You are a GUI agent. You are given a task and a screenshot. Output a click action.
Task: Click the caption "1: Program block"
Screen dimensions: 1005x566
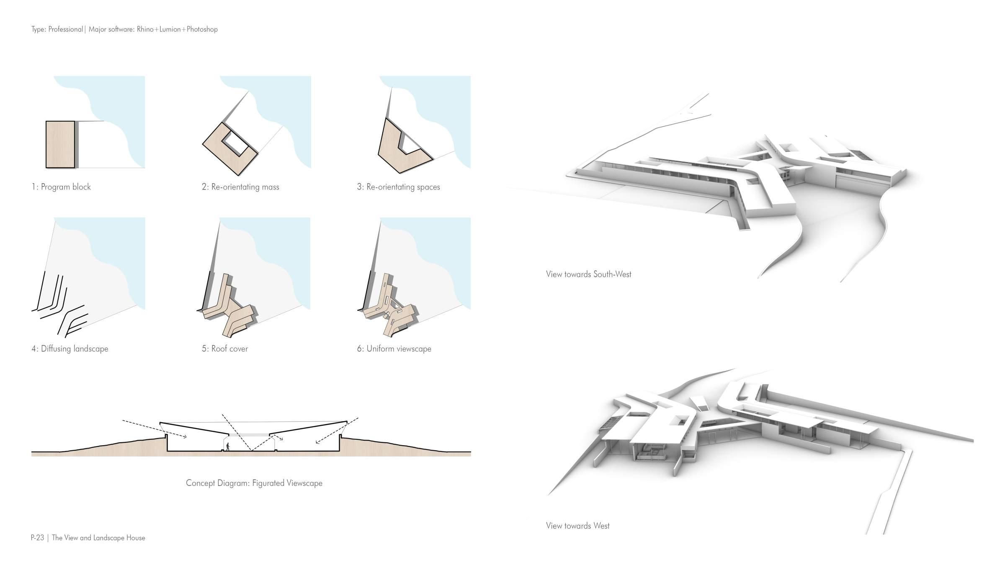(x=61, y=187)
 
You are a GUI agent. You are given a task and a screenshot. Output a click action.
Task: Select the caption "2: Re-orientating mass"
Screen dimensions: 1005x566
(x=240, y=187)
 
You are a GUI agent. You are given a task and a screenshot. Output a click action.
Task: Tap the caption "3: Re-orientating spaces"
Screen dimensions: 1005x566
(x=398, y=187)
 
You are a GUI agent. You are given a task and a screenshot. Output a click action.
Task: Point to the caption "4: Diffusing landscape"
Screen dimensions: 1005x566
(x=70, y=349)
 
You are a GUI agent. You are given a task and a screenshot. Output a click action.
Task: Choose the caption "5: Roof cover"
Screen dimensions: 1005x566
(x=225, y=349)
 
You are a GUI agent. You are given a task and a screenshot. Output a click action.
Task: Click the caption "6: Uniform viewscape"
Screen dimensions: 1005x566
(x=394, y=349)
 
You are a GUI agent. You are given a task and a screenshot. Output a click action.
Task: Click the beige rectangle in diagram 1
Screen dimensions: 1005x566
(x=60, y=145)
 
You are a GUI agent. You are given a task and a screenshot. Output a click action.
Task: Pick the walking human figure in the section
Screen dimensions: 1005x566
(x=228, y=447)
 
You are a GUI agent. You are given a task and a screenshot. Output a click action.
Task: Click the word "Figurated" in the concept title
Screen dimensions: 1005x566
(x=268, y=483)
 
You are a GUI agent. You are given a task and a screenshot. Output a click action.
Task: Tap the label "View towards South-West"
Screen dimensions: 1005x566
(x=588, y=275)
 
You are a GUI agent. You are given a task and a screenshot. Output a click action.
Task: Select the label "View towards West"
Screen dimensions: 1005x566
(x=577, y=526)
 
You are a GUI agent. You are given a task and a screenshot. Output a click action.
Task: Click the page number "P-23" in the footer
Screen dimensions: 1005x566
(x=37, y=538)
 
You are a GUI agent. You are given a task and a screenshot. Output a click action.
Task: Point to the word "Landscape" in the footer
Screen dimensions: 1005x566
(x=110, y=538)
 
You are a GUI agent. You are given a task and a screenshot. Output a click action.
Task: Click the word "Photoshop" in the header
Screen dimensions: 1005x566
(x=202, y=29)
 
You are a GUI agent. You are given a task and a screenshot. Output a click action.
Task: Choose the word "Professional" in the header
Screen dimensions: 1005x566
(x=65, y=29)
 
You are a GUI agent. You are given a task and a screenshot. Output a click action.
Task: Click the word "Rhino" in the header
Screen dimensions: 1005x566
(x=145, y=29)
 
